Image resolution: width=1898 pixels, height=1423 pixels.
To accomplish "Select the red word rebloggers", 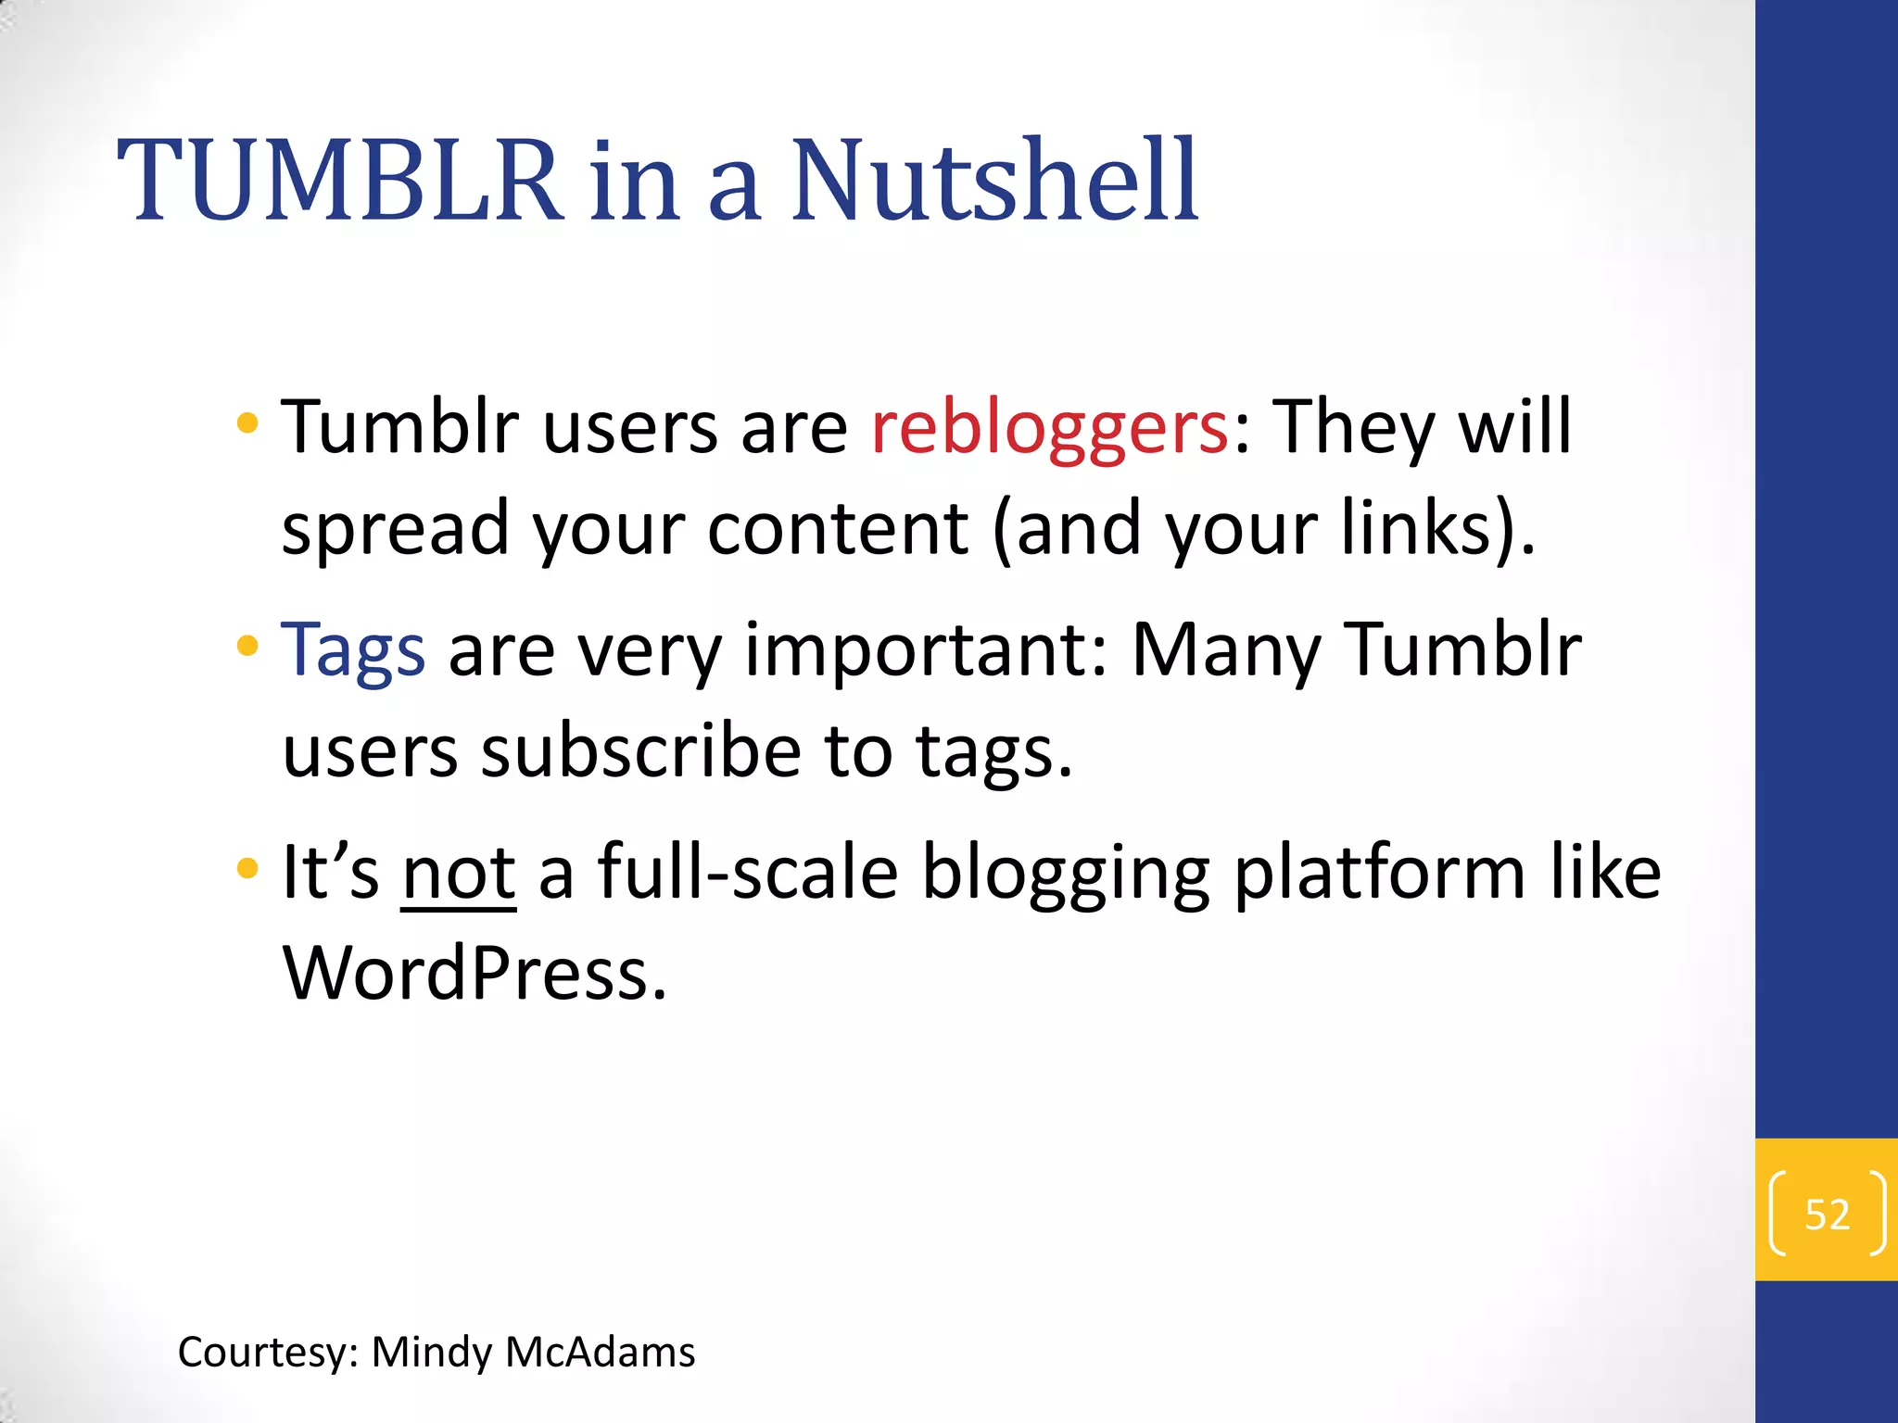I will [x=1049, y=428].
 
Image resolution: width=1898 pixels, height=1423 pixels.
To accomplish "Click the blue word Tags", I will [x=353, y=650].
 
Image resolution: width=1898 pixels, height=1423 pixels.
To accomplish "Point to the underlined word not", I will [x=458, y=874].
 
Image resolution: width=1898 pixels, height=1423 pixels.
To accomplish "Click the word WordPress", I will [x=474, y=974].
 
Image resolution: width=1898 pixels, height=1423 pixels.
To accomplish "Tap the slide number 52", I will [x=1827, y=1214].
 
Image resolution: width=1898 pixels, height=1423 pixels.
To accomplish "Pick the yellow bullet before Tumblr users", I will [x=247, y=424].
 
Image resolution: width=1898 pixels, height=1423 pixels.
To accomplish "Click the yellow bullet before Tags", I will [x=247, y=646].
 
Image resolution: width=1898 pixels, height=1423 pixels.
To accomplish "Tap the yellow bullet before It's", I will [x=247, y=869].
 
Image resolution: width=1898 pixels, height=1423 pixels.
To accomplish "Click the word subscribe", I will [x=640, y=750].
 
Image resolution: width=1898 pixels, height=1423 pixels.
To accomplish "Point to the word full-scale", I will [x=748, y=874].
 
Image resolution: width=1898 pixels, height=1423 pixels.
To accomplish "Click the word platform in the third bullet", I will [x=1380, y=874].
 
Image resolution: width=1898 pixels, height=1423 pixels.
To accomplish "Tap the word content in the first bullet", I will [x=838, y=529].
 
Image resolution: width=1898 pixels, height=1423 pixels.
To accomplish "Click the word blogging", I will [x=1066, y=874].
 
